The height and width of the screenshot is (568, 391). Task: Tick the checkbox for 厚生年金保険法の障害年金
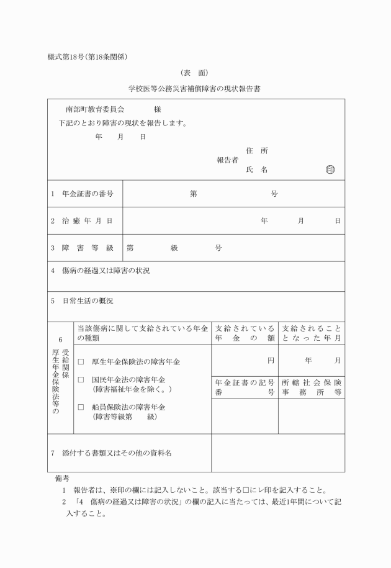click(81, 361)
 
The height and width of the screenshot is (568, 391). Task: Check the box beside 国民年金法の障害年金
click(81, 379)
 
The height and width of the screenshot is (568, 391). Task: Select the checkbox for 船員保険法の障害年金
click(81, 407)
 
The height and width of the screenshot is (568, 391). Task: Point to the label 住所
click(257, 150)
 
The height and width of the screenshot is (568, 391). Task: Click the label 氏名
click(257, 169)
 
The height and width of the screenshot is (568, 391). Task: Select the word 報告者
click(227, 160)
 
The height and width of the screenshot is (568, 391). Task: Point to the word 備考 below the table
click(62, 478)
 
